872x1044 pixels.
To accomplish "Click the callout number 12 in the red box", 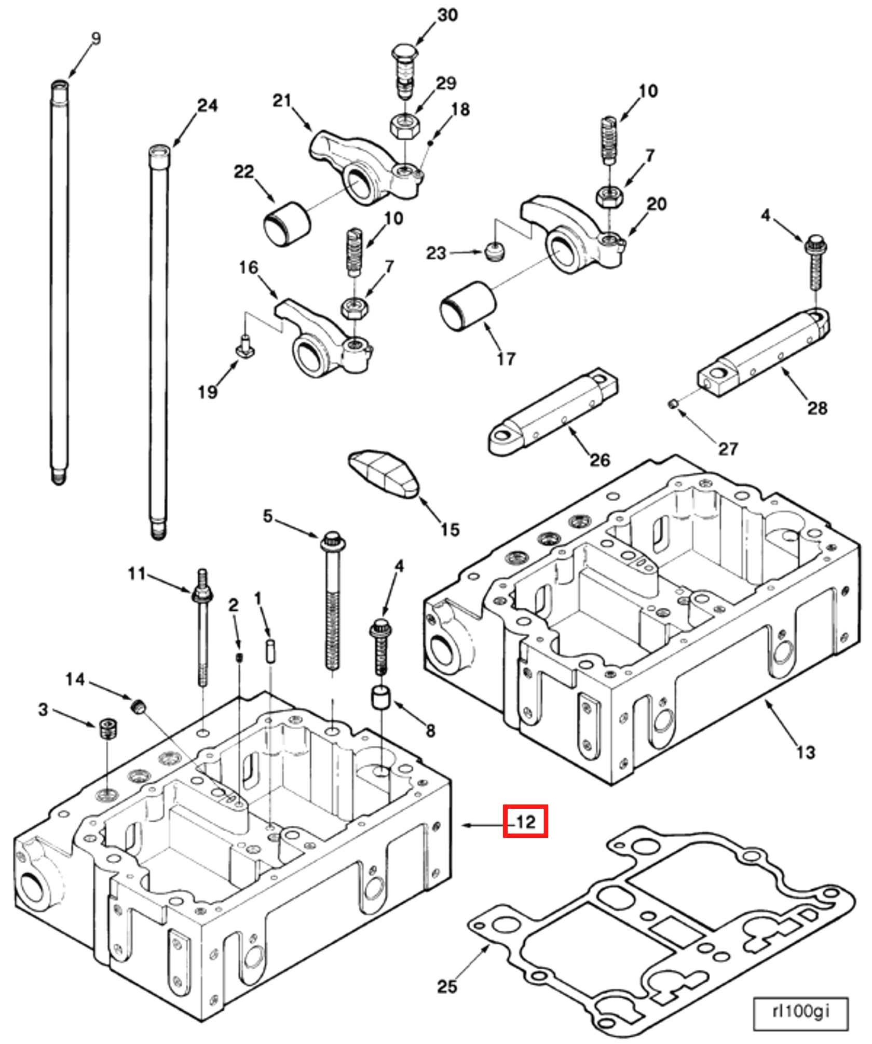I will [x=525, y=822].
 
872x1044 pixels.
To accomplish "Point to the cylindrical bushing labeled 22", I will [x=287, y=223].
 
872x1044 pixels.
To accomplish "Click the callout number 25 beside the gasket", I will [x=447, y=986].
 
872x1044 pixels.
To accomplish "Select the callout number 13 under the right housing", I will [x=806, y=752].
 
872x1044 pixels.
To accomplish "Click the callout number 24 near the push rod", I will [x=207, y=106].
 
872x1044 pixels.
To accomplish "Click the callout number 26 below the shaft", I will [x=599, y=460].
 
